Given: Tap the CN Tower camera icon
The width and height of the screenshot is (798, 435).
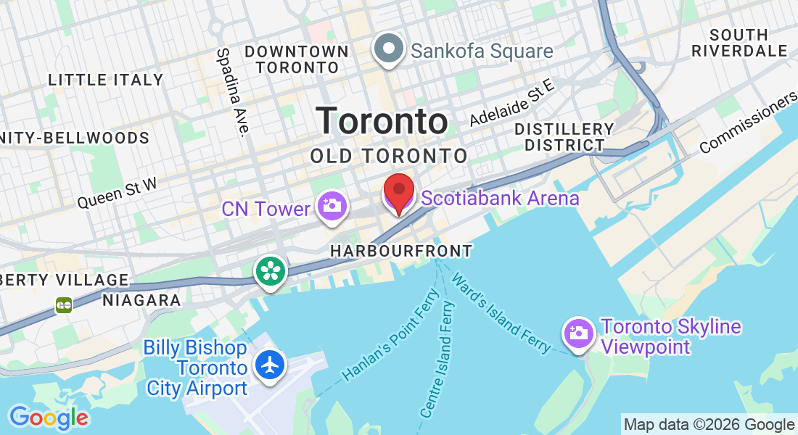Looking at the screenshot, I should pos(332,205).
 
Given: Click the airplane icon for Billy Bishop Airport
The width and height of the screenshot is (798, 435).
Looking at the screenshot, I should pos(271,365).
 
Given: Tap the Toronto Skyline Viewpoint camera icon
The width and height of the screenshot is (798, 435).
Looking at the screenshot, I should pos(578,333).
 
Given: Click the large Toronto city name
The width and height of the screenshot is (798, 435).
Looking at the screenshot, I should pos(382,122).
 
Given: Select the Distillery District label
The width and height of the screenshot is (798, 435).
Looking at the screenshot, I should pos(564,137).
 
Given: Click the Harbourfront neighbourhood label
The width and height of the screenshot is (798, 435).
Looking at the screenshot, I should pos(400,251).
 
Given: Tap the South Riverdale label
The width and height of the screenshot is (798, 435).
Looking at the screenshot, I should pos(739,43).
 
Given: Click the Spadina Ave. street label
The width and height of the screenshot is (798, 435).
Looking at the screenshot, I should pos(233,91).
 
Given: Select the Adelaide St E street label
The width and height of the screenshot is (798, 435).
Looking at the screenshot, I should pos(511,103).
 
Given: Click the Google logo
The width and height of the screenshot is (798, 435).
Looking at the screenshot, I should pos(49,418).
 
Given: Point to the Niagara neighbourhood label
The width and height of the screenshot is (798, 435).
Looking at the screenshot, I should pos(141,300).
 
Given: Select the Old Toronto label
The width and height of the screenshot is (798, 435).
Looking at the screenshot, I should pos(389,156).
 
